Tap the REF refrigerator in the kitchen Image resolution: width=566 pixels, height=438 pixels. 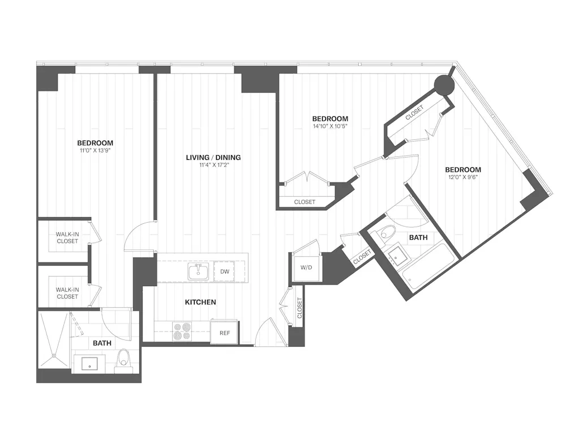(x=225, y=333)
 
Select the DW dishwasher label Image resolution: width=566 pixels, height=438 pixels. (x=225, y=272)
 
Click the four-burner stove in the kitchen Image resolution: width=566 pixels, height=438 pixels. (x=182, y=331)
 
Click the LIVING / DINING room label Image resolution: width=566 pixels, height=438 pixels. (x=214, y=157)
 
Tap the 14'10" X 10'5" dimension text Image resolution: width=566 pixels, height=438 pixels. (x=329, y=126)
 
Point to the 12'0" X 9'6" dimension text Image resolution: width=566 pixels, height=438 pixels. (x=462, y=177)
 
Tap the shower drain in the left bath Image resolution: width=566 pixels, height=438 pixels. (x=54, y=356)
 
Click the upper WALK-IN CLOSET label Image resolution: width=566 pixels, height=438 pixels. (x=67, y=237)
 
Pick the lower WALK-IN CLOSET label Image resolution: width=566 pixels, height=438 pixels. (x=67, y=293)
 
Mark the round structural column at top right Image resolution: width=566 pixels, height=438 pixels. (x=444, y=86)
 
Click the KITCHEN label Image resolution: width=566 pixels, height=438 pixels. (x=200, y=302)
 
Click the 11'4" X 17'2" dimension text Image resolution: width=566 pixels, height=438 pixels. (x=214, y=165)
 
